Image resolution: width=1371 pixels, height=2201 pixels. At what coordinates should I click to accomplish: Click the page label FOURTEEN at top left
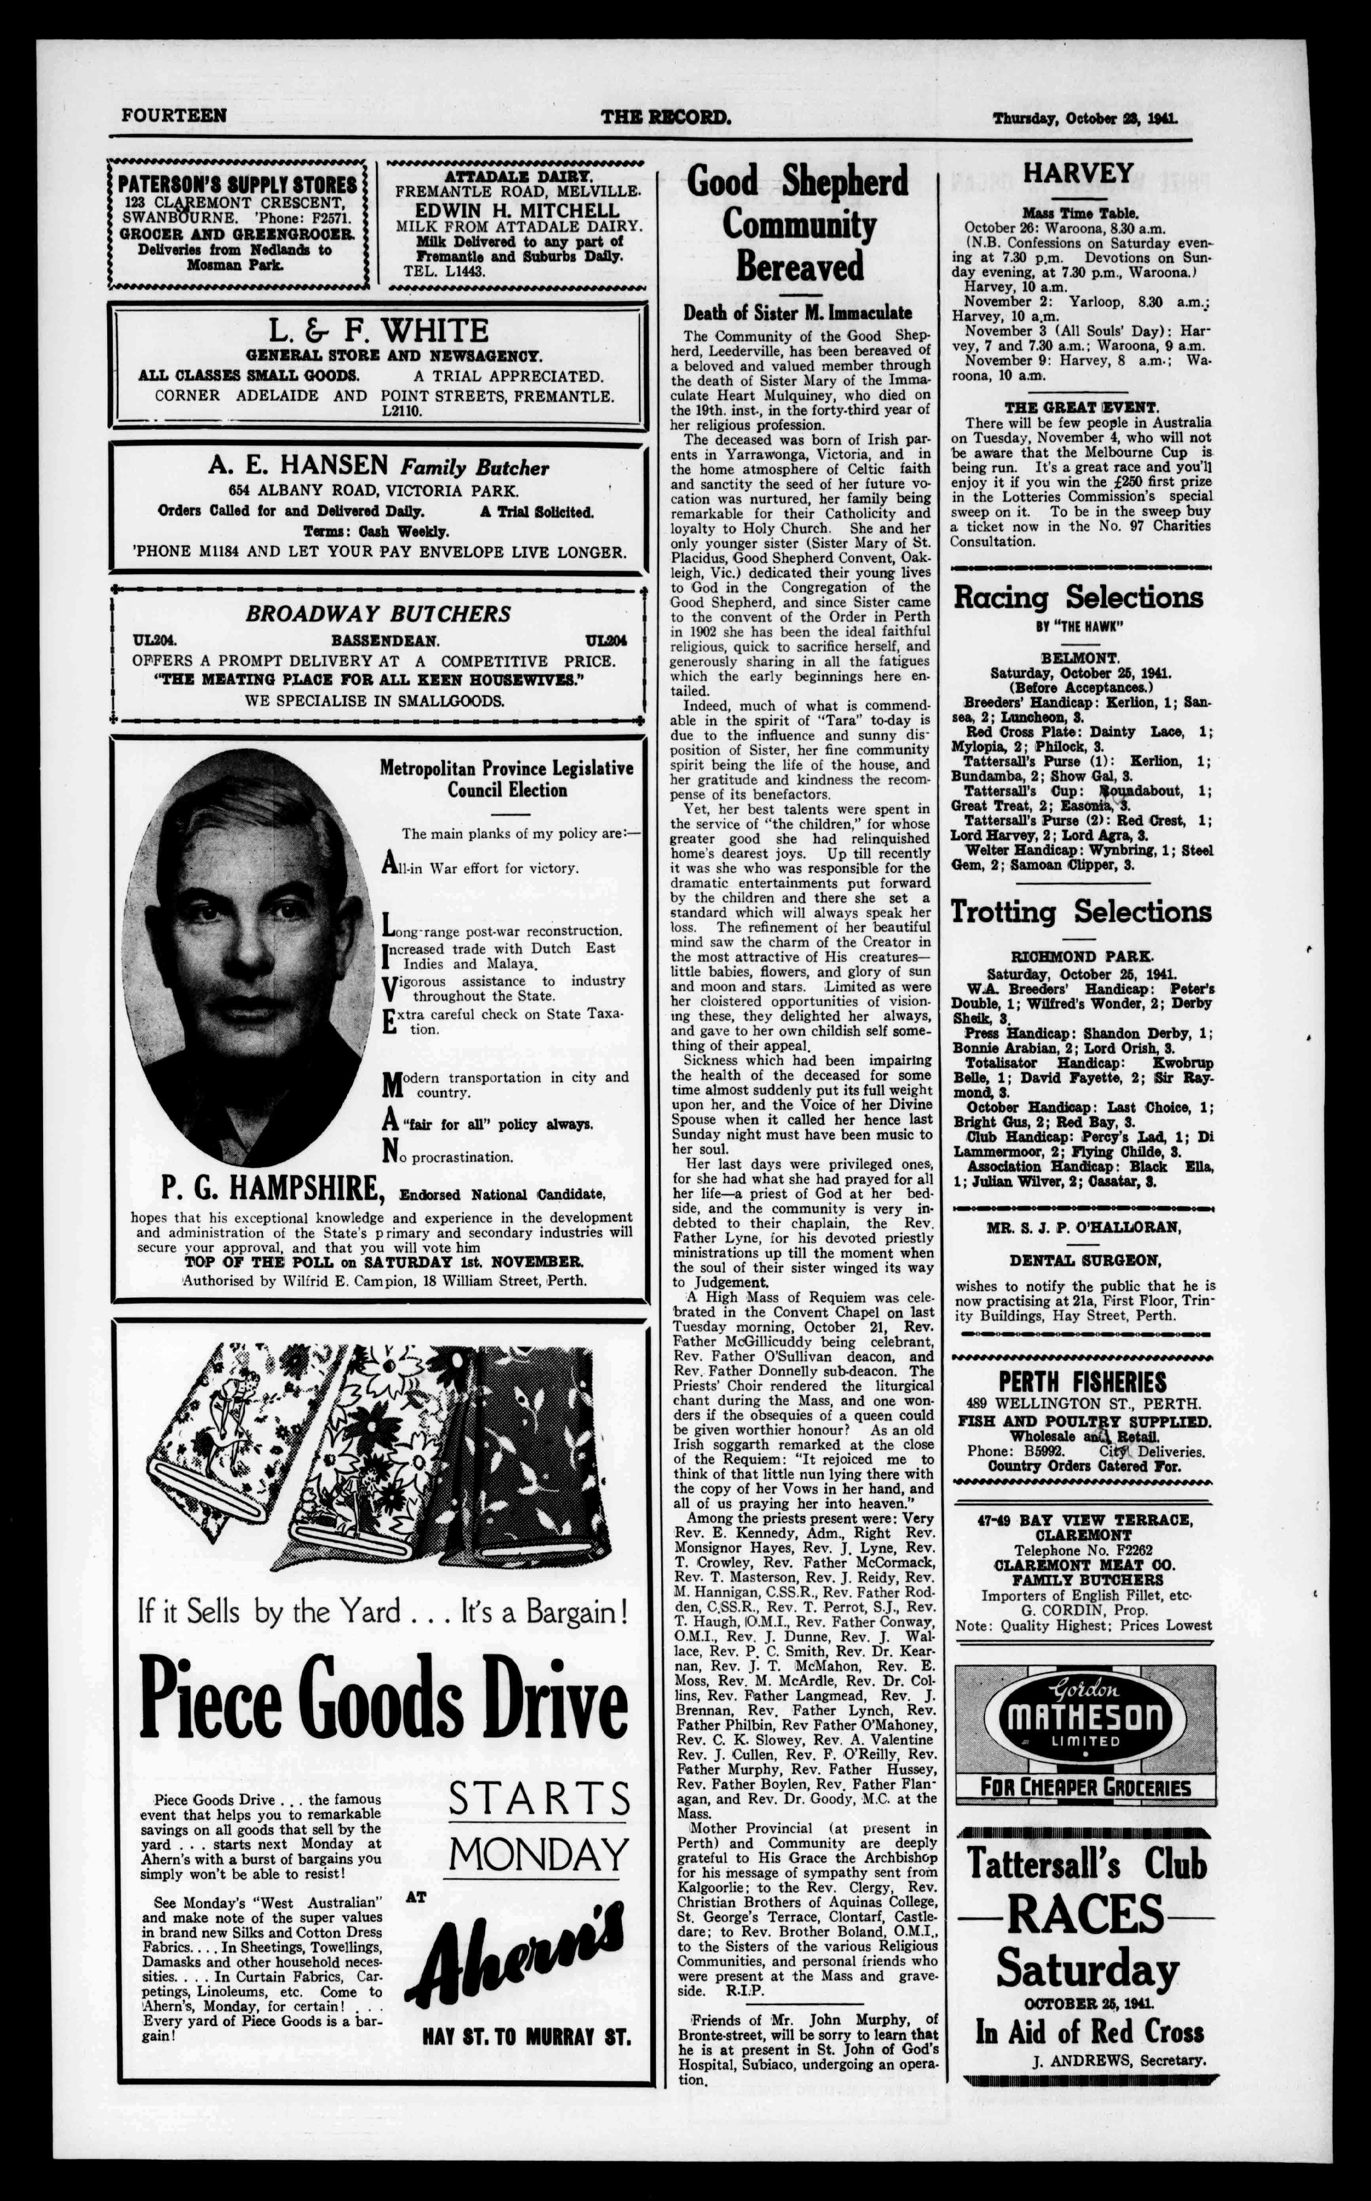pos(174,116)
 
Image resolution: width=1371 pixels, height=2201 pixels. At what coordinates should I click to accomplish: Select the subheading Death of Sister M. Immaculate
pos(797,313)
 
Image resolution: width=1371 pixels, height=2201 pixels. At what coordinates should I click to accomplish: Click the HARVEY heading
pos(1078,173)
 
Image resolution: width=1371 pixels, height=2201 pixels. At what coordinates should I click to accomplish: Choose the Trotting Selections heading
pos(1080,911)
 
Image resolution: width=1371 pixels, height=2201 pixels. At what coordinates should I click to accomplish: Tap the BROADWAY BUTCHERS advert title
pos(379,614)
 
